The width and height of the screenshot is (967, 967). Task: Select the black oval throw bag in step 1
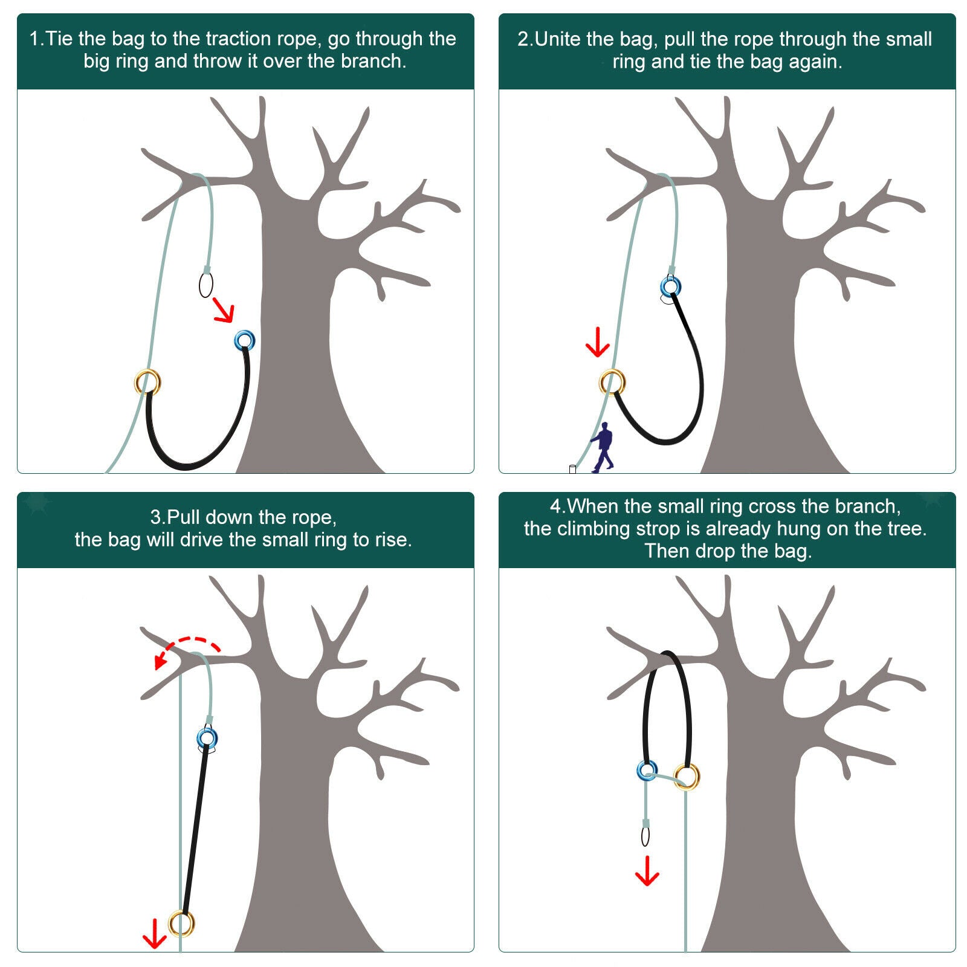tap(200, 285)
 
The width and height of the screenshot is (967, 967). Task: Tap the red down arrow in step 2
tap(598, 342)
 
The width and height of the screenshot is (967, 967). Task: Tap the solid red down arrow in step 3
tap(154, 934)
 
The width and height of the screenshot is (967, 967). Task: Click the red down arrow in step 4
tap(647, 871)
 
